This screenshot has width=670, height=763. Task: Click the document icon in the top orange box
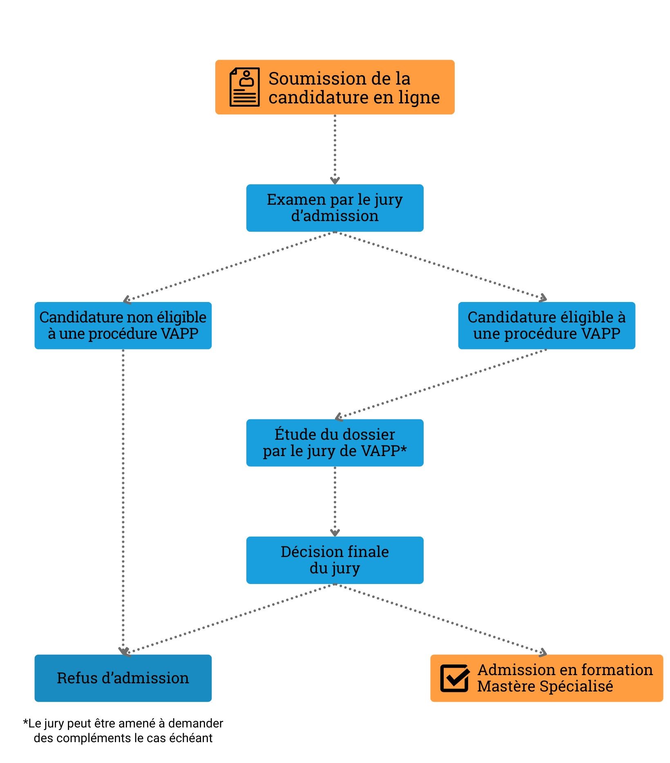(x=244, y=87)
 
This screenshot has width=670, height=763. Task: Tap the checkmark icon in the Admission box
(x=454, y=678)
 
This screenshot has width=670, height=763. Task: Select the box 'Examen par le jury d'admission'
(x=335, y=208)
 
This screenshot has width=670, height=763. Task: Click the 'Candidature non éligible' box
(x=123, y=325)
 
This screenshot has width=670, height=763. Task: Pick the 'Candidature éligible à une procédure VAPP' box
(x=547, y=325)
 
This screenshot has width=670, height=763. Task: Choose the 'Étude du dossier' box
(x=335, y=443)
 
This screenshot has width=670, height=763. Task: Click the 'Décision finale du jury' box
(x=335, y=560)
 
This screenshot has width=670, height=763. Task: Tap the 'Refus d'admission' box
(x=123, y=678)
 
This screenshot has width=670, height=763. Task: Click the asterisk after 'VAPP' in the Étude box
(x=404, y=449)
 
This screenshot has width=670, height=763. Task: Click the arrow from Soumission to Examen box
(x=335, y=149)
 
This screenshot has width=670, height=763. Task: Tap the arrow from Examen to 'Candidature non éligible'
(x=229, y=266)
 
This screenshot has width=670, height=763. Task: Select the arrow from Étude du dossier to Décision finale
(x=335, y=501)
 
